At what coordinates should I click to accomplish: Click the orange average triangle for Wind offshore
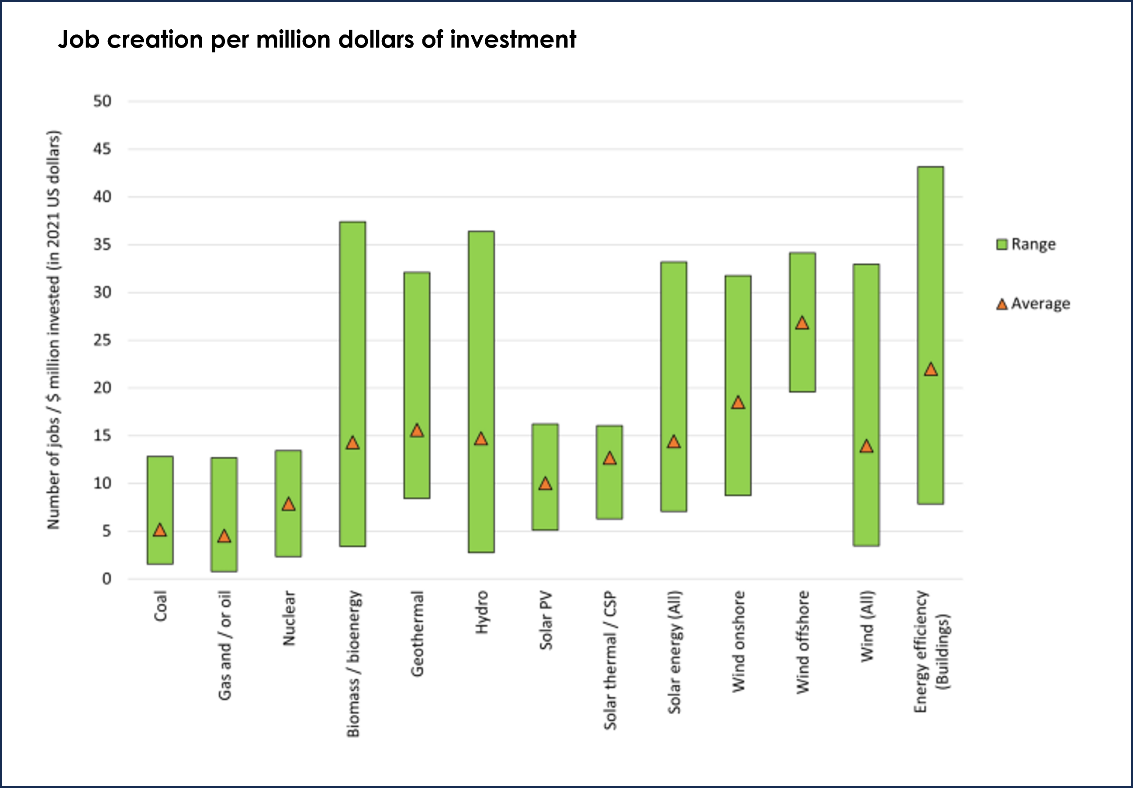802,323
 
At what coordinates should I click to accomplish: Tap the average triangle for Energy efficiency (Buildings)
930,369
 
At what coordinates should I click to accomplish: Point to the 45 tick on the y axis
102,149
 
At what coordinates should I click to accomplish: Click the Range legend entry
1026,244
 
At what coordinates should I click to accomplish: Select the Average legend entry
1033,304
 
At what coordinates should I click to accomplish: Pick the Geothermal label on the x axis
417,633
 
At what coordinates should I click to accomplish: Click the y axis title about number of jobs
53,330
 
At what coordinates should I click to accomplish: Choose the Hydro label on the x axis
481,612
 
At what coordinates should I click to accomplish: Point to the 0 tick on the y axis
107,579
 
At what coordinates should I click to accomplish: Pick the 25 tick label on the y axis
102,340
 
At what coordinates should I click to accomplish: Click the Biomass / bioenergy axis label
353,663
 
